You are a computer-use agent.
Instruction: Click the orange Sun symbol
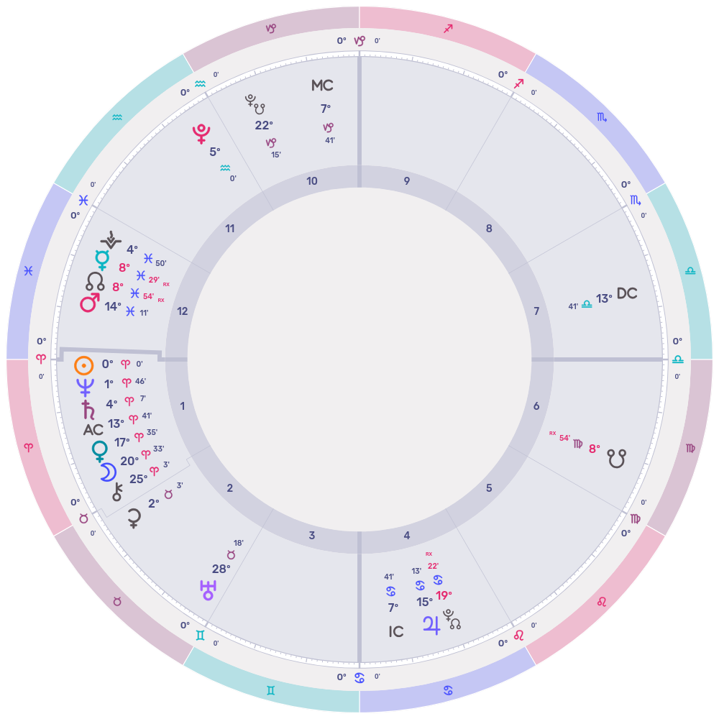(84, 365)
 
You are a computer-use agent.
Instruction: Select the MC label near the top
(322, 86)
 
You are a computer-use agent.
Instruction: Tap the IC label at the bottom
(395, 632)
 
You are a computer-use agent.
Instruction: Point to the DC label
(627, 294)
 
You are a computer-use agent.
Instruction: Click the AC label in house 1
(93, 430)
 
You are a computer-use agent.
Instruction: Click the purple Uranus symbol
(207, 590)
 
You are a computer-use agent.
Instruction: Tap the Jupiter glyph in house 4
(431, 624)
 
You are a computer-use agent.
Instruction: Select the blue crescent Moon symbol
(107, 472)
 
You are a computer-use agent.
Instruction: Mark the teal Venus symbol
(99, 451)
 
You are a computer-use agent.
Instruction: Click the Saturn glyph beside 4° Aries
(88, 410)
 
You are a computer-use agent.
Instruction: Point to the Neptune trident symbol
(86, 388)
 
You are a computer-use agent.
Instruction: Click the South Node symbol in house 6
(616, 458)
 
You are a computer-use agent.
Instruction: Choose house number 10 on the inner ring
(312, 181)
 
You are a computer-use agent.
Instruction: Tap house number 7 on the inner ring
(536, 311)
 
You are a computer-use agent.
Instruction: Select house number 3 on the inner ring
(312, 536)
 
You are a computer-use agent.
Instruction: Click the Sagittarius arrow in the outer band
(449, 29)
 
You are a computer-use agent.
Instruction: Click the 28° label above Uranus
(221, 569)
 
